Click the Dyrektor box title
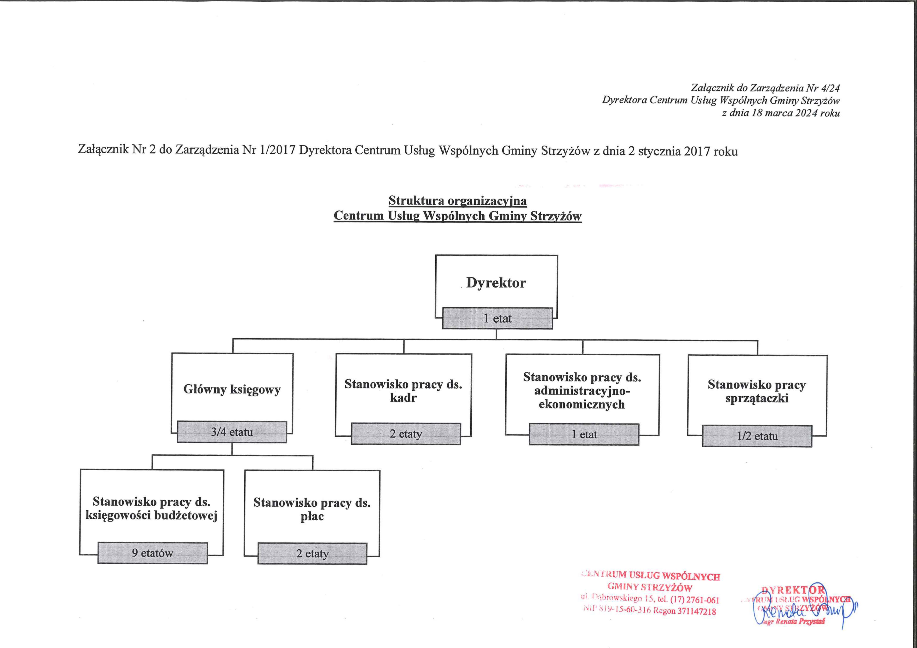tap(496, 283)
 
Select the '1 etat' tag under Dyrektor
tap(497, 319)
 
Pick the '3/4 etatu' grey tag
tap(232, 432)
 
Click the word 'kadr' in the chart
tap(403, 398)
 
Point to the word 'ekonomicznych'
tap(581, 404)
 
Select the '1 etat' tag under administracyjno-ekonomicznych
tap(584, 435)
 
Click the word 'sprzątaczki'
tap(757, 398)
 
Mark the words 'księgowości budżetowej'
tap(151, 516)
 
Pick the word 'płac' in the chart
tap(312, 516)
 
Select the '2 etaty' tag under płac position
tap(312, 554)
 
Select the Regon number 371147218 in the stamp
tap(696, 611)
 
